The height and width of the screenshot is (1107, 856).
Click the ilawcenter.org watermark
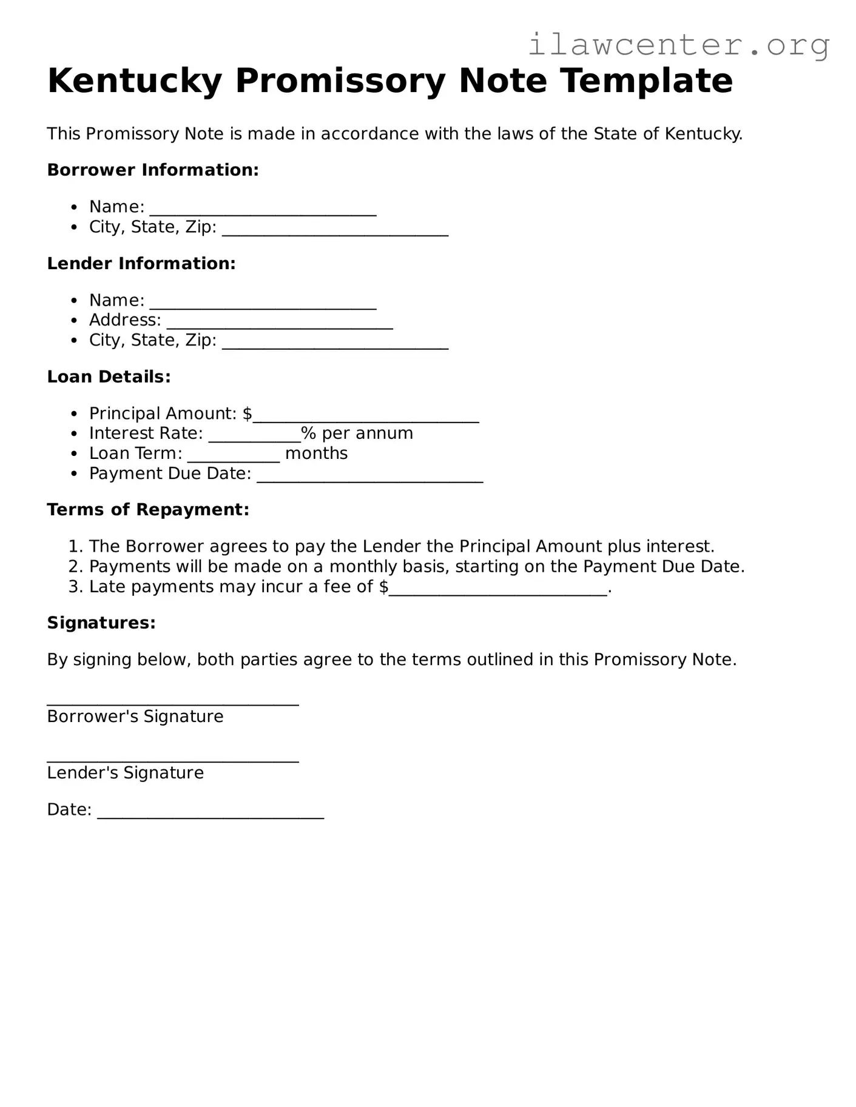pos(678,45)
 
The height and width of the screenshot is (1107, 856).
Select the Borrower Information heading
pos(153,170)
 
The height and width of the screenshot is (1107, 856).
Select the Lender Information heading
pos(141,263)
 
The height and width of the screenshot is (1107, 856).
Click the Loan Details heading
pos(109,376)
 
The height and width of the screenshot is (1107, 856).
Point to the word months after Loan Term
pos(316,453)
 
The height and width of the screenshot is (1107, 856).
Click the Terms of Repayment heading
pos(148,509)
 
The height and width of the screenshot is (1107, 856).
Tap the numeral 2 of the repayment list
pos(73,567)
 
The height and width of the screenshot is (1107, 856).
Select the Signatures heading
pos(101,623)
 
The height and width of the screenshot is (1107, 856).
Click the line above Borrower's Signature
pos(173,702)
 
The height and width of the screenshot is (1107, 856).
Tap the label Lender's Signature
pos(126,773)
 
